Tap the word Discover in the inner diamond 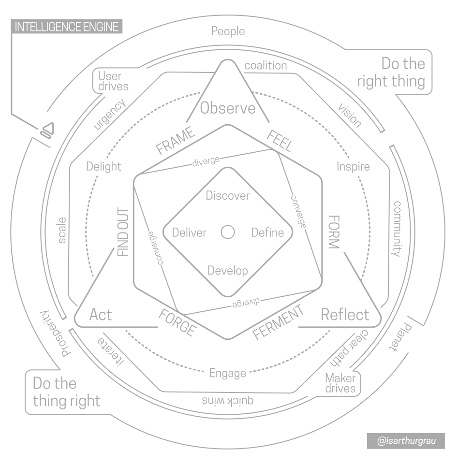tap(228, 196)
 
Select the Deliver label tap(189, 232)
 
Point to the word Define tap(267, 232)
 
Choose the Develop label tap(227, 271)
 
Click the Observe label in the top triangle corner tap(228, 108)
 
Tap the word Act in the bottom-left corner tap(101, 315)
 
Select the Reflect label tap(345, 315)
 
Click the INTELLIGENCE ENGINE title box tap(67, 27)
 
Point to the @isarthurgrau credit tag tap(406, 441)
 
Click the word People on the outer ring tap(228, 31)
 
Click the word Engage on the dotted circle tap(227, 373)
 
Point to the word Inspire tap(353, 167)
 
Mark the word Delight tap(103, 167)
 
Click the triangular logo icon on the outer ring tap(46, 130)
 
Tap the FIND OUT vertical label tap(123, 232)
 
